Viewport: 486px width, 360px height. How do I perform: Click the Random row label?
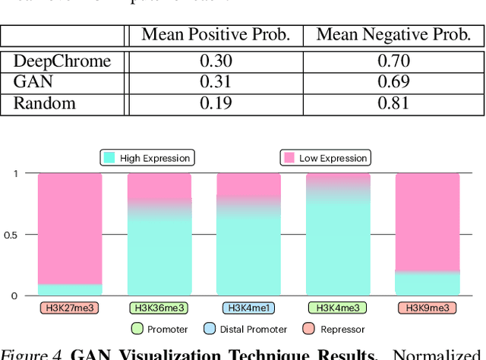click(x=45, y=103)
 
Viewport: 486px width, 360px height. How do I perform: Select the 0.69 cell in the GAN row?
click(x=393, y=82)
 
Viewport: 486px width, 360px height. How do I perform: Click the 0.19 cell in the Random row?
click(x=215, y=103)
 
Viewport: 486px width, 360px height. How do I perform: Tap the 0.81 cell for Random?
click(x=393, y=103)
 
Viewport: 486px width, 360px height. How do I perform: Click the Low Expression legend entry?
click(x=324, y=157)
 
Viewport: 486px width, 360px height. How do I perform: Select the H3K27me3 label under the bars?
click(x=69, y=308)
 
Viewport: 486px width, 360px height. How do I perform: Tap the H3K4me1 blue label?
click(x=248, y=308)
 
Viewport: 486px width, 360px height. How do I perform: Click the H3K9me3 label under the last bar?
click(x=428, y=308)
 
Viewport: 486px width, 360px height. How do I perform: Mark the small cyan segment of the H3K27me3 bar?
click(x=69, y=290)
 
